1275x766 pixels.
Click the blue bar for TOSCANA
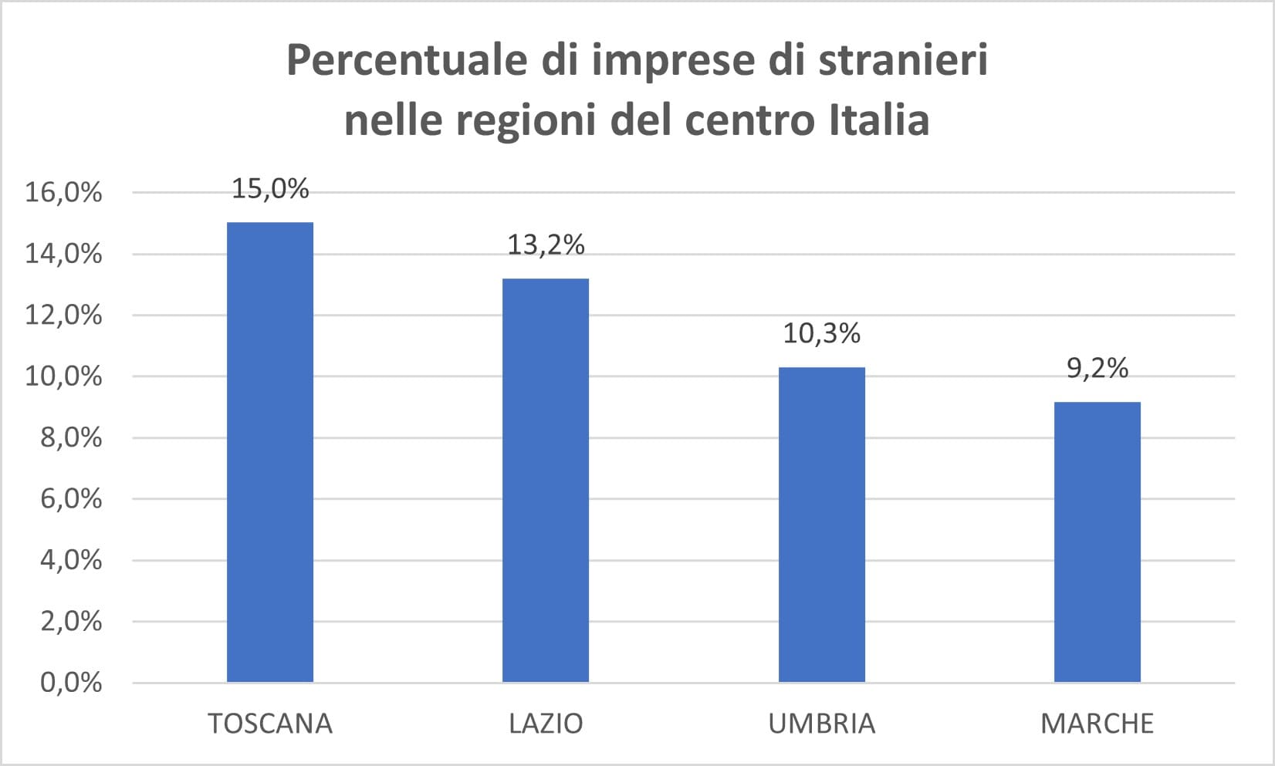pyautogui.click(x=270, y=452)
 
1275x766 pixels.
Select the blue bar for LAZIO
pyautogui.click(x=546, y=480)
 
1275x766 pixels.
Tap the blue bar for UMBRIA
pyautogui.click(x=821, y=525)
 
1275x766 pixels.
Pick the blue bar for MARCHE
pyautogui.click(x=1097, y=542)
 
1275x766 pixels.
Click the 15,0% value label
pyautogui.click(x=270, y=189)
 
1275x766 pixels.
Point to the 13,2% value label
pyautogui.click(x=546, y=245)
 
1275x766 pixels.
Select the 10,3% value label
pyautogui.click(x=821, y=334)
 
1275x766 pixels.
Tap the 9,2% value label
pyautogui.click(x=1097, y=369)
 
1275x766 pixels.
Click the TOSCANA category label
pyautogui.click(x=270, y=724)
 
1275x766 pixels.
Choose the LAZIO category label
pyautogui.click(x=546, y=724)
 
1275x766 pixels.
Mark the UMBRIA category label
pyautogui.click(x=821, y=724)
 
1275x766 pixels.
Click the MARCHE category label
pyautogui.click(x=1097, y=724)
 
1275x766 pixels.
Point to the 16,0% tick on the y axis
pyautogui.click(x=63, y=192)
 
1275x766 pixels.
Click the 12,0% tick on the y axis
pyautogui.click(x=63, y=315)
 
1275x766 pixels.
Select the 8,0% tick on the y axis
pyautogui.click(x=70, y=437)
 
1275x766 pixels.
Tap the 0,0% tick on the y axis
pyautogui.click(x=70, y=683)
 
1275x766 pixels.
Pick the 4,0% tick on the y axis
pyautogui.click(x=70, y=560)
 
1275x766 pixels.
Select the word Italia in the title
pyautogui.click(x=879, y=120)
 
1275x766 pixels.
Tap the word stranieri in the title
pyautogui.click(x=903, y=60)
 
